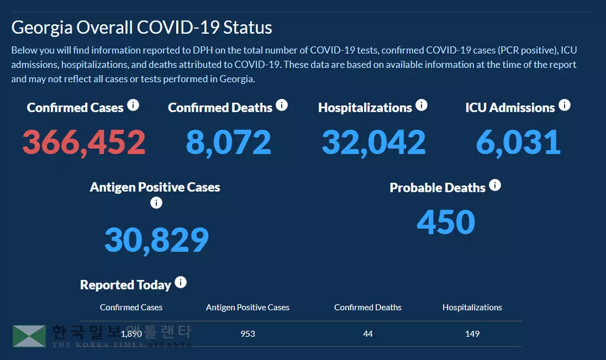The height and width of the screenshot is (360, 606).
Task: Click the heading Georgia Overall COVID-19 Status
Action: pyautogui.click(x=141, y=28)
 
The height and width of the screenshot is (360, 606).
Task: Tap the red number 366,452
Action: pyautogui.click(x=84, y=143)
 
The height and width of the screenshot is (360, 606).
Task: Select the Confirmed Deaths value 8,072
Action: pyautogui.click(x=228, y=143)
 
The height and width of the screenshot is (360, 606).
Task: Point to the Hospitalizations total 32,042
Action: pyautogui.click(x=373, y=143)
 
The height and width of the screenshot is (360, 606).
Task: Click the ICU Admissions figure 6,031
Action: pyautogui.click(x=518, y=143)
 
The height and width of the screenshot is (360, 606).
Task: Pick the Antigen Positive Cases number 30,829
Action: pyautogui.click(x=157, y=240)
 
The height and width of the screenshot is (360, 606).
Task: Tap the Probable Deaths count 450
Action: pyautogui.click(x=446, y=222)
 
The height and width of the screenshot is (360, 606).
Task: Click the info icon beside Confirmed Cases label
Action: pyautogui.click(x=133, y=105)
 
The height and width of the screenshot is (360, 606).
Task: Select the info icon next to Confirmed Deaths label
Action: pyautogui.click(x=282, y=105)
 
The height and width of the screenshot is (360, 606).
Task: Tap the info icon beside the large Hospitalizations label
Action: pyautogui.click(x=421, y=105)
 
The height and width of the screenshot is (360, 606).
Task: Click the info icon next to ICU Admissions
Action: pyautogui.click(x=565, y=105)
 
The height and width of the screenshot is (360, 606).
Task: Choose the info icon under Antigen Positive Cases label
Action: pyautogui.click(x=156, y=203)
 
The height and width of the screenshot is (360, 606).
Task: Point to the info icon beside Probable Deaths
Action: pyautogui.click(x=495, y=185)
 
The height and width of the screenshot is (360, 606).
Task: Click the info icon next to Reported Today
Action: pyautogui.click(x=180, y=282)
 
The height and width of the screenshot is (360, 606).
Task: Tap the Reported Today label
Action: pyautogui.click(x=125, y=285)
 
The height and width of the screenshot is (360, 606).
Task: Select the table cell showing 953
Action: pyautogui.click(x=248, y=334)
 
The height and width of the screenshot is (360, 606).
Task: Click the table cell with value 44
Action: pyautogui.click(x=368, y=334)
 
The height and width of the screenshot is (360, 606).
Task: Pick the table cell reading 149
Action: pyautogui.click(x=472, y=334)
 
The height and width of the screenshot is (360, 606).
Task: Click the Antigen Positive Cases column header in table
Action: pyautogui.click(x=247, y=307)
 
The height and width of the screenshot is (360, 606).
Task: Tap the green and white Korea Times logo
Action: pyautogui.click(x=29, y=336)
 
